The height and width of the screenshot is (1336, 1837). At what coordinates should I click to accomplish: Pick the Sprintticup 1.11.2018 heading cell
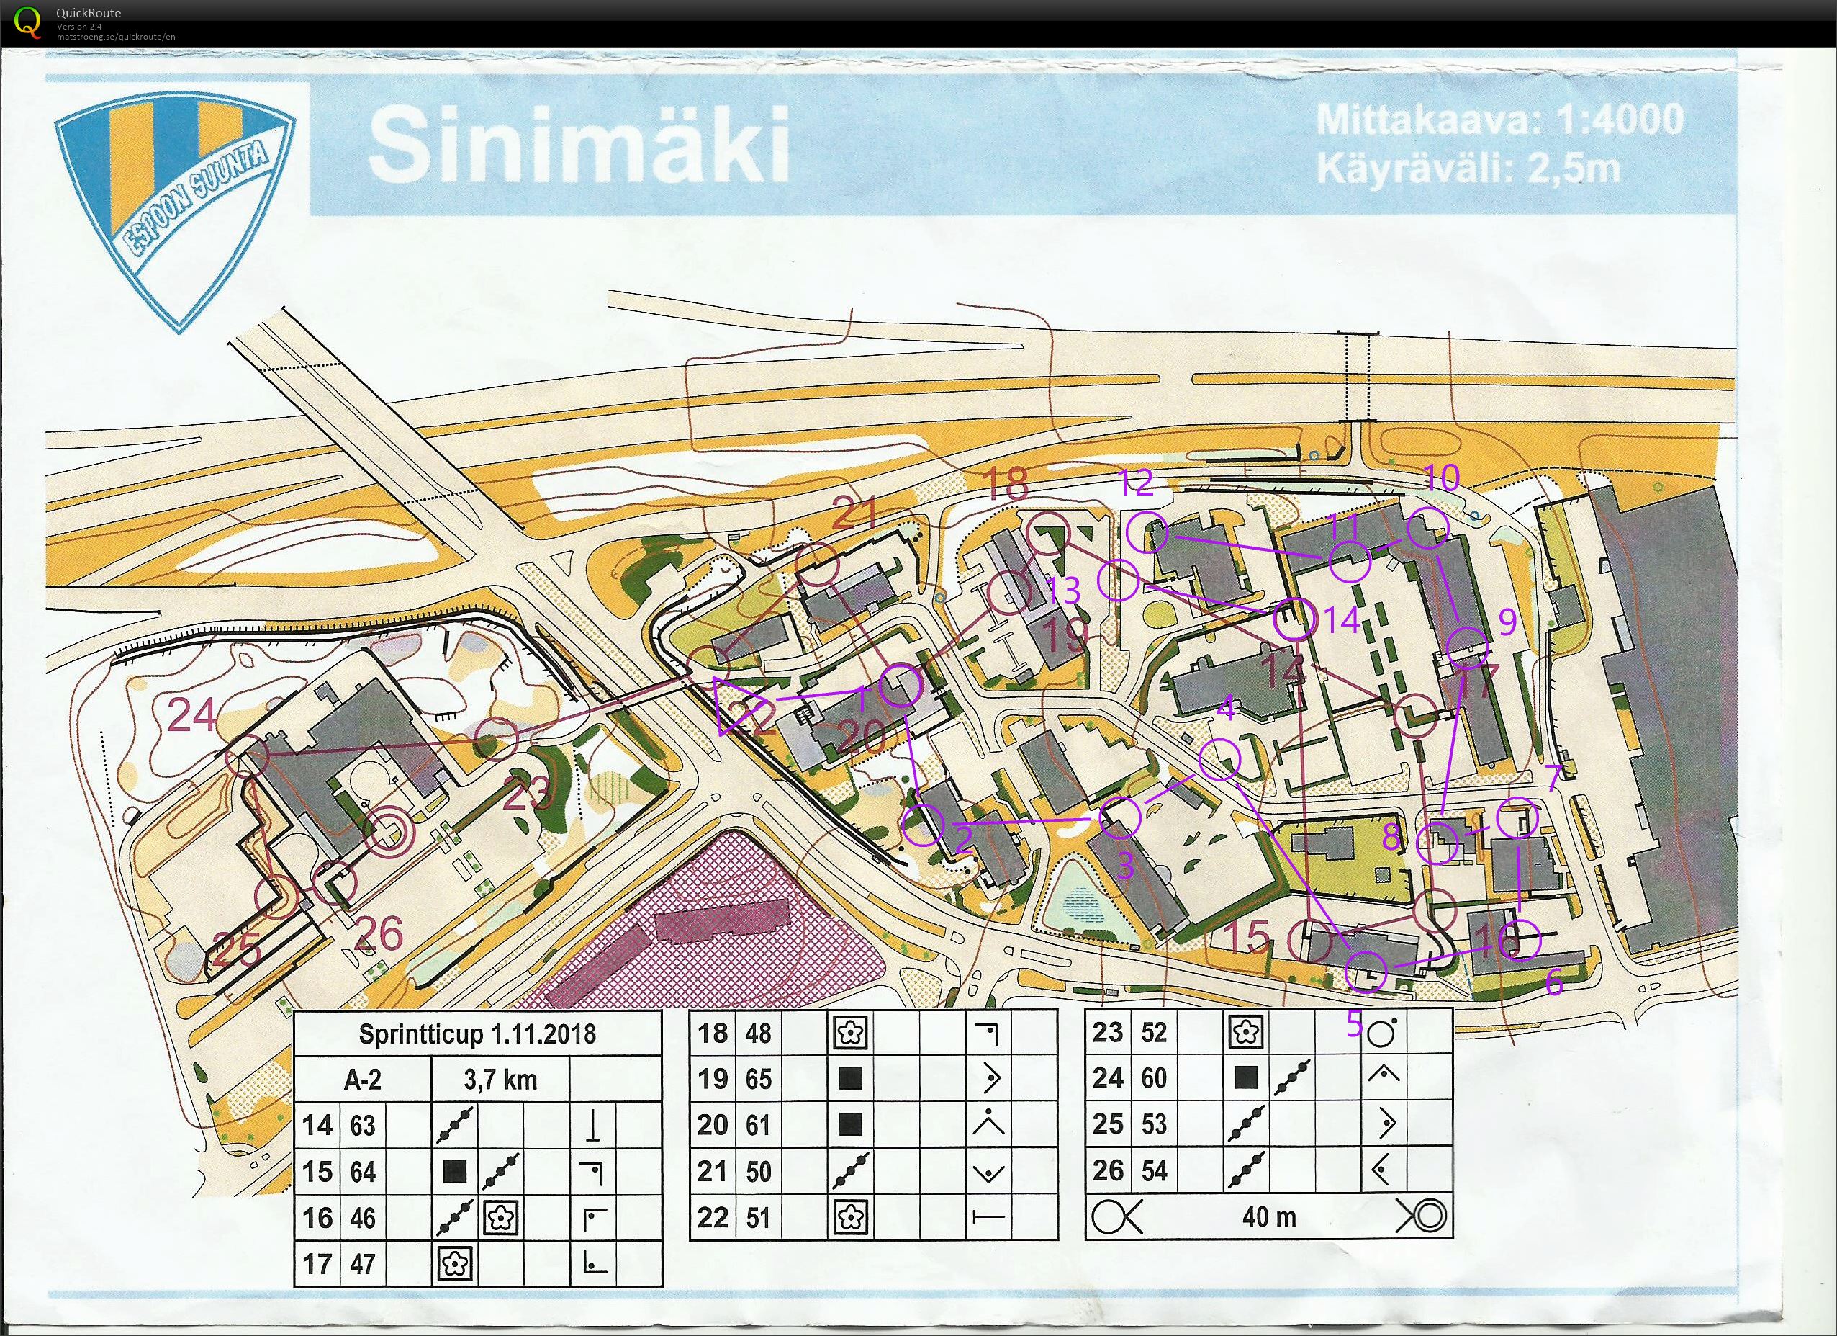477,1034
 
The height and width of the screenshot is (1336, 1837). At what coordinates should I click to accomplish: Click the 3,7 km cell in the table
500,1080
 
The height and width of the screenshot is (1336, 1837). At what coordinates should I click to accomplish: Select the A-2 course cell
362,1080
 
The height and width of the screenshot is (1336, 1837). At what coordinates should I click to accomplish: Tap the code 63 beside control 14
362,1126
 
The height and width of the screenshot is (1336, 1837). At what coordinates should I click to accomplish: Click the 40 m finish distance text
1268,1216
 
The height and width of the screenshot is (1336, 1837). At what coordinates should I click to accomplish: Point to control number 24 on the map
192,714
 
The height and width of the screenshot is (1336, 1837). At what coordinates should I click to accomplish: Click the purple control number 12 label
1137,484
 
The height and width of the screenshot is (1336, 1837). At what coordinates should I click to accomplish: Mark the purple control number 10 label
1441,478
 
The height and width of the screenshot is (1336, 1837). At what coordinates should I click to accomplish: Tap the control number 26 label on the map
379,934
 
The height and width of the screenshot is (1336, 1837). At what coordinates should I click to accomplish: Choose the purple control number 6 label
1553,981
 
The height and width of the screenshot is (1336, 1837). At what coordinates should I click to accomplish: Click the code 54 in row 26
1153,1171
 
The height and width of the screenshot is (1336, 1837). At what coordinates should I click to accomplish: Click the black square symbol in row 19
850,1079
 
